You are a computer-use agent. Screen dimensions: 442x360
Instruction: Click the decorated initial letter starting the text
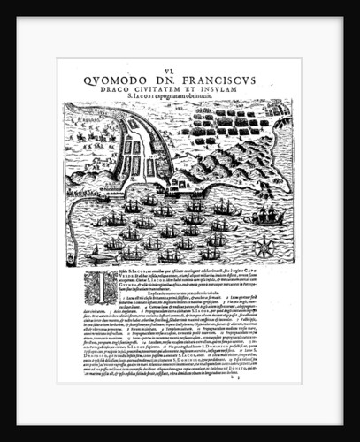click(73, 284)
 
